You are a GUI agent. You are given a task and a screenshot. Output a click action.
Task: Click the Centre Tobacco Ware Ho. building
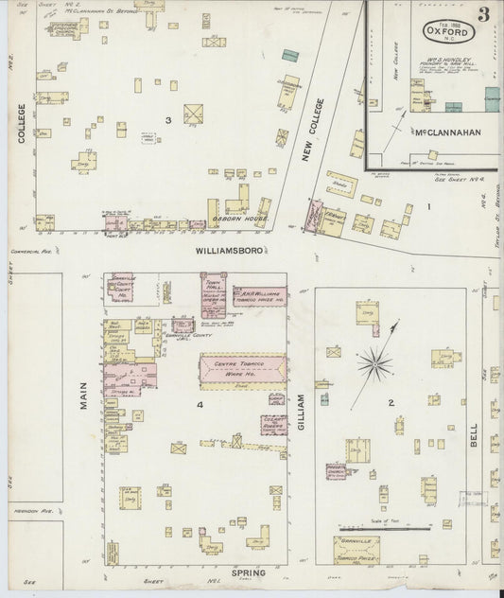click(242, 369)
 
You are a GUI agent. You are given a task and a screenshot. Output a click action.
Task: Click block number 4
click(199, 406)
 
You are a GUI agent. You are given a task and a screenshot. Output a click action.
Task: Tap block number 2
click(390, 403)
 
